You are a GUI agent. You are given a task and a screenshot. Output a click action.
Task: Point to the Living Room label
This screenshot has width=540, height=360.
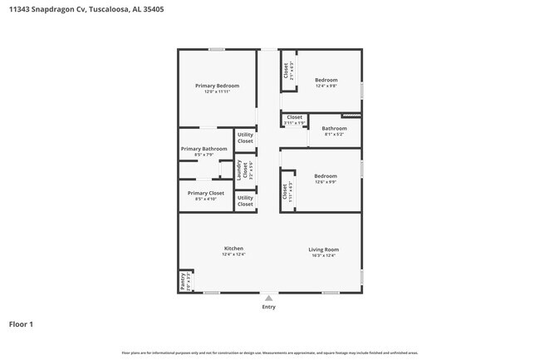point(323,249)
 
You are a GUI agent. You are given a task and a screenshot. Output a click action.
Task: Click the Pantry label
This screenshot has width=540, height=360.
point(184,282)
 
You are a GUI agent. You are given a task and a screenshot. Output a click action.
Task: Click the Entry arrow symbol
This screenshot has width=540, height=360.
point(268,297)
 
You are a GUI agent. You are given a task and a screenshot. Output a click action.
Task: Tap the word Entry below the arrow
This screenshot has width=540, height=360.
point(268,307)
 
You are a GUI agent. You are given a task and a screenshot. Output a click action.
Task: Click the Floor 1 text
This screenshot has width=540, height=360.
point(21,324)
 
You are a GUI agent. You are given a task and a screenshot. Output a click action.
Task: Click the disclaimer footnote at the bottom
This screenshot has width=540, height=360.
point(271,353)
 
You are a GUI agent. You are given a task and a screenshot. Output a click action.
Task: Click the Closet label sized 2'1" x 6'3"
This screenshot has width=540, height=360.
point(287,72)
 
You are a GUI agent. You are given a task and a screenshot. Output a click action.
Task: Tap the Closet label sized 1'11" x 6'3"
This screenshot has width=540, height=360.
point(286,191)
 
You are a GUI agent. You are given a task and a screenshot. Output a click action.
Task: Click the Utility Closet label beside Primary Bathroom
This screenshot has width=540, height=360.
point(245,138)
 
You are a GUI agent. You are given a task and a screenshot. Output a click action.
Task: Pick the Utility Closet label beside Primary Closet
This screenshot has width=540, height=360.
point(245,200)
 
